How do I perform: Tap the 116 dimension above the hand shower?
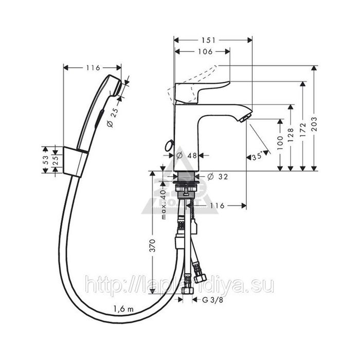(93, 67)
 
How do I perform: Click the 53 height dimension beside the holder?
(45, 159)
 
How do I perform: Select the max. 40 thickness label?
(164, 204)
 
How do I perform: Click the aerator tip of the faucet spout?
(245, 118)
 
